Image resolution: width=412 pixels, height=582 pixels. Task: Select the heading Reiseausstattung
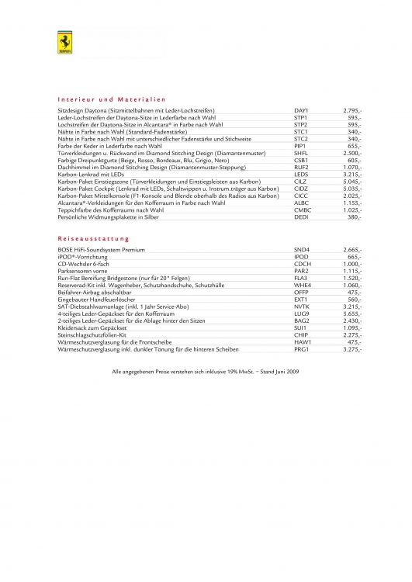pyautogui.click(x=94, y=238)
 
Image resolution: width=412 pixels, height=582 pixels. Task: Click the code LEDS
pyautogui.click(x=301, y=175)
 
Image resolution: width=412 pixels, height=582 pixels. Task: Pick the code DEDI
pyautogui.click(x=301, y=218)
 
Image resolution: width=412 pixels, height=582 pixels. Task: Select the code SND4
pyautogui.click(x=302, y=249)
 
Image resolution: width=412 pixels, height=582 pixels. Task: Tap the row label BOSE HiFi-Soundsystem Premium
pyautogui.click(x=102, y=249)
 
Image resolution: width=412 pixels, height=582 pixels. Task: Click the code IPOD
pyautogui.click(x=301, y=256)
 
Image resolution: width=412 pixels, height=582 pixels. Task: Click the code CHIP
pyautogui.click(x=301, y=334)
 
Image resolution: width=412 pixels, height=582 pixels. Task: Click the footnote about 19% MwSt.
pyautogui.click(x=206, y=372)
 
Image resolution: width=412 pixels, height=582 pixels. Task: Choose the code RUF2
pyautogui.click(x=301, y=168)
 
